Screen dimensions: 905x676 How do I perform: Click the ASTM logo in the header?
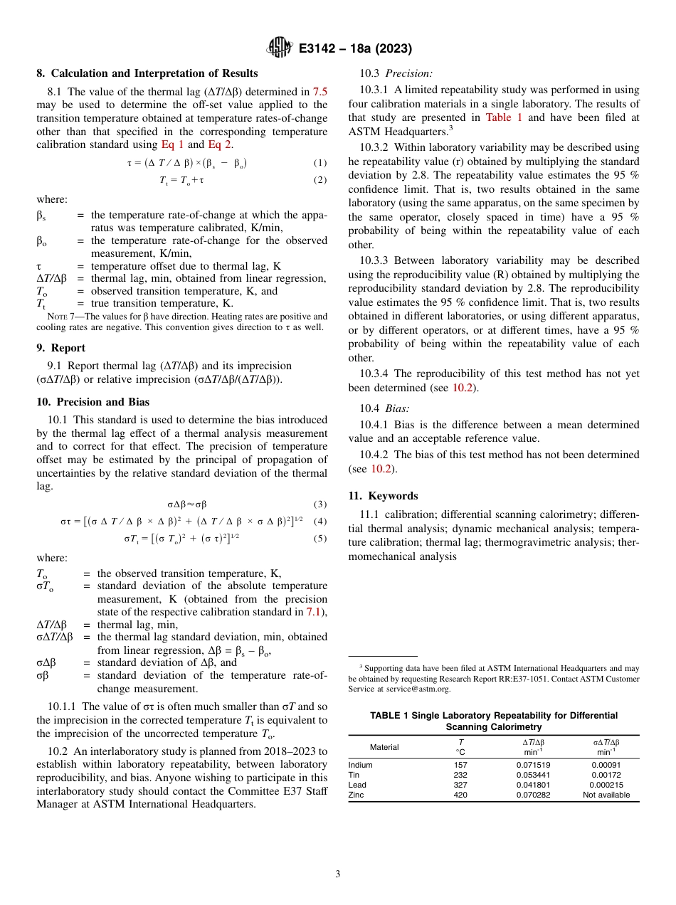tap(279, 48)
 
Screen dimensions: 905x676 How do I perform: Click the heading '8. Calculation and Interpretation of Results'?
tap(147, 73)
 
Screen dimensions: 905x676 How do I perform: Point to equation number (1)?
tap(320, 163)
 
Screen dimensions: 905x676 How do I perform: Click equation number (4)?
tap(320, 521)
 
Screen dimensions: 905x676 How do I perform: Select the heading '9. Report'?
tap(60, 348)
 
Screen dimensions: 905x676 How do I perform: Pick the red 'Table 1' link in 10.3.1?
tap(504, 117)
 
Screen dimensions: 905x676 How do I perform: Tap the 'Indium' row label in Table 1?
tap(360, 766)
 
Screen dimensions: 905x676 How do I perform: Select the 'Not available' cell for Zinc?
tap(606, 795)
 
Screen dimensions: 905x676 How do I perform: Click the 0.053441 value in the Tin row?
tap(533, 776)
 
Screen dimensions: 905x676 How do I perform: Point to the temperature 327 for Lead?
tap(460, 785)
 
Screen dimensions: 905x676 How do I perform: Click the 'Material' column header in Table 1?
tap(384, 747)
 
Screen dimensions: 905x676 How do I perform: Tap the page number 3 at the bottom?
tap(338, 874)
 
